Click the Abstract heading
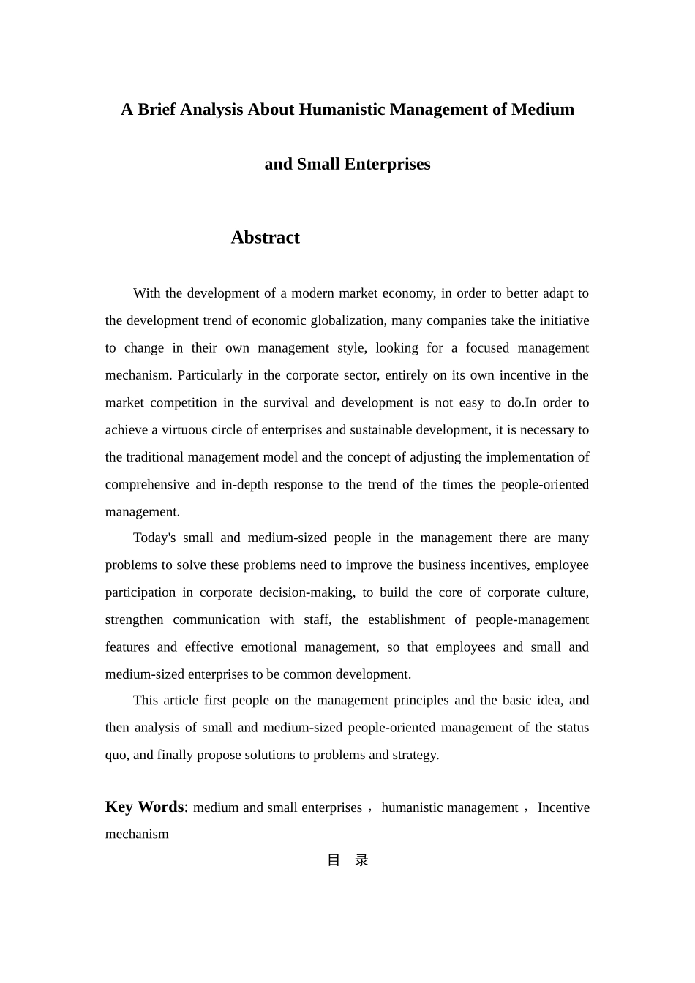pyautogui.click(x=265, y=238)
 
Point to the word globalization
pyautogui.click(x=347, y=320)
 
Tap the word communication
pyautogui.click(x=216, y=620)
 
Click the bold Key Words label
pyautogui.click(x=145, y=807)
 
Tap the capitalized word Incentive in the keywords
pyautogui.click(x=563, y=807)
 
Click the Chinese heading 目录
pyautogui.click(x=347, y=860)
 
